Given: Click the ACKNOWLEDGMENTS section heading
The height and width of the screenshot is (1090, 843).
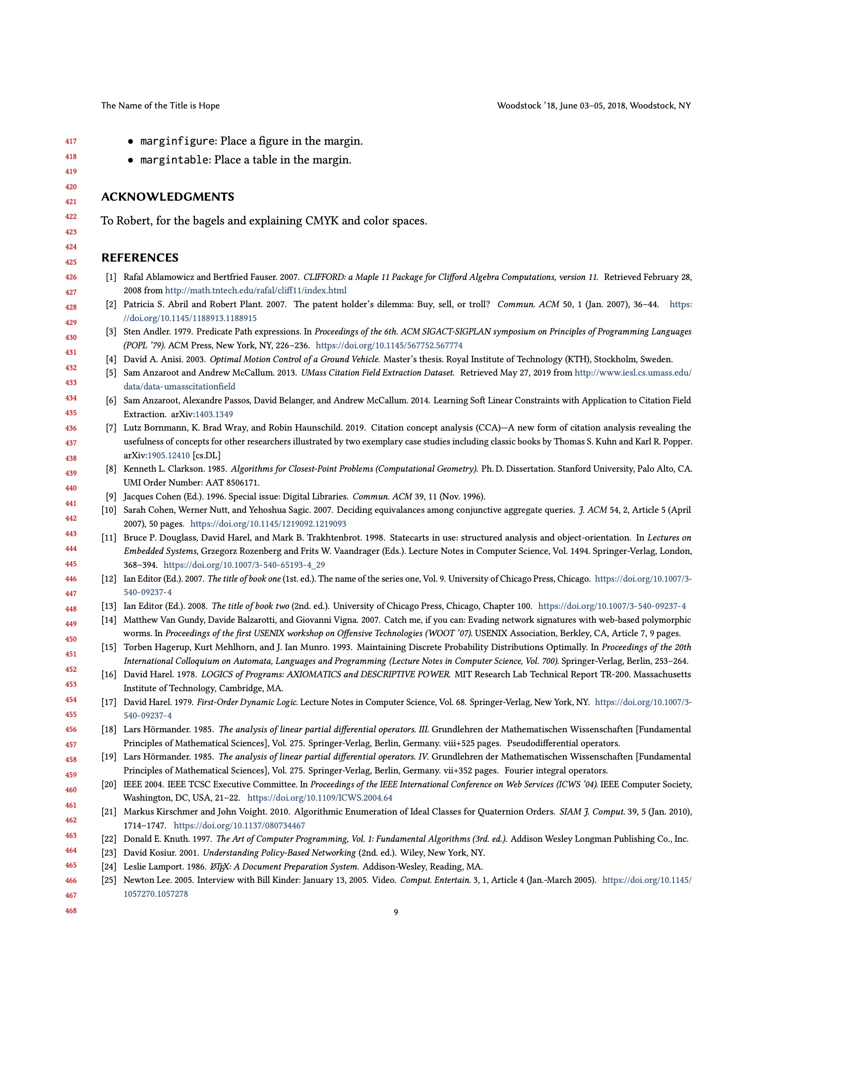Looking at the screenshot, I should (x=167, y=197).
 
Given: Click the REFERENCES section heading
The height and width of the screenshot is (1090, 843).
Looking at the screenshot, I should (x=140, y=258).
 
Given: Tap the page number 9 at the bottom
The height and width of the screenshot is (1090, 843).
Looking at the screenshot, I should (x=396, y=912).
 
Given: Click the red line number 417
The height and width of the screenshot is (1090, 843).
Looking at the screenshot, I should (x=71, y=142).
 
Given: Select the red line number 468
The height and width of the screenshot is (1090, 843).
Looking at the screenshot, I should (x=71, y=911).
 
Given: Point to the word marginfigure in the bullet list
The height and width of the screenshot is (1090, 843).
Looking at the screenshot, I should (x=178, y=141).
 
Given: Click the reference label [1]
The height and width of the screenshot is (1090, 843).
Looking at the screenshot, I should (x=111, y=277).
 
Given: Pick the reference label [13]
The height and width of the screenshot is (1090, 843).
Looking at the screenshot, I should (x=109, y=606).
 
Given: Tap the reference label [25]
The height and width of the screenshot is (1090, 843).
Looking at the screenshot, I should (x=109, y=880).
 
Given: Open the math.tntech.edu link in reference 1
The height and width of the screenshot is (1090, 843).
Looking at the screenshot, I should (x=256, y=290).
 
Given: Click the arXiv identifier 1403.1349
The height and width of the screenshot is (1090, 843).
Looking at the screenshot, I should (x=214, y=414).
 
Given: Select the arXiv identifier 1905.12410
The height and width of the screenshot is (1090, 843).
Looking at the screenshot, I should (x=168, y=455).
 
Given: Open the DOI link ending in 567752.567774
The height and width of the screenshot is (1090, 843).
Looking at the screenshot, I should (x=389, y=345).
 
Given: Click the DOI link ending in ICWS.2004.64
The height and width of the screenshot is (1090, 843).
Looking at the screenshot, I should (x=320, y=798).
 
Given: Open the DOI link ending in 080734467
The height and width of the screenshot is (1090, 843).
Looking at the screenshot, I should (x=239, y=825).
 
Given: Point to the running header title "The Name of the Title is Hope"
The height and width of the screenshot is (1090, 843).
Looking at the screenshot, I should (x=160, y=106).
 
